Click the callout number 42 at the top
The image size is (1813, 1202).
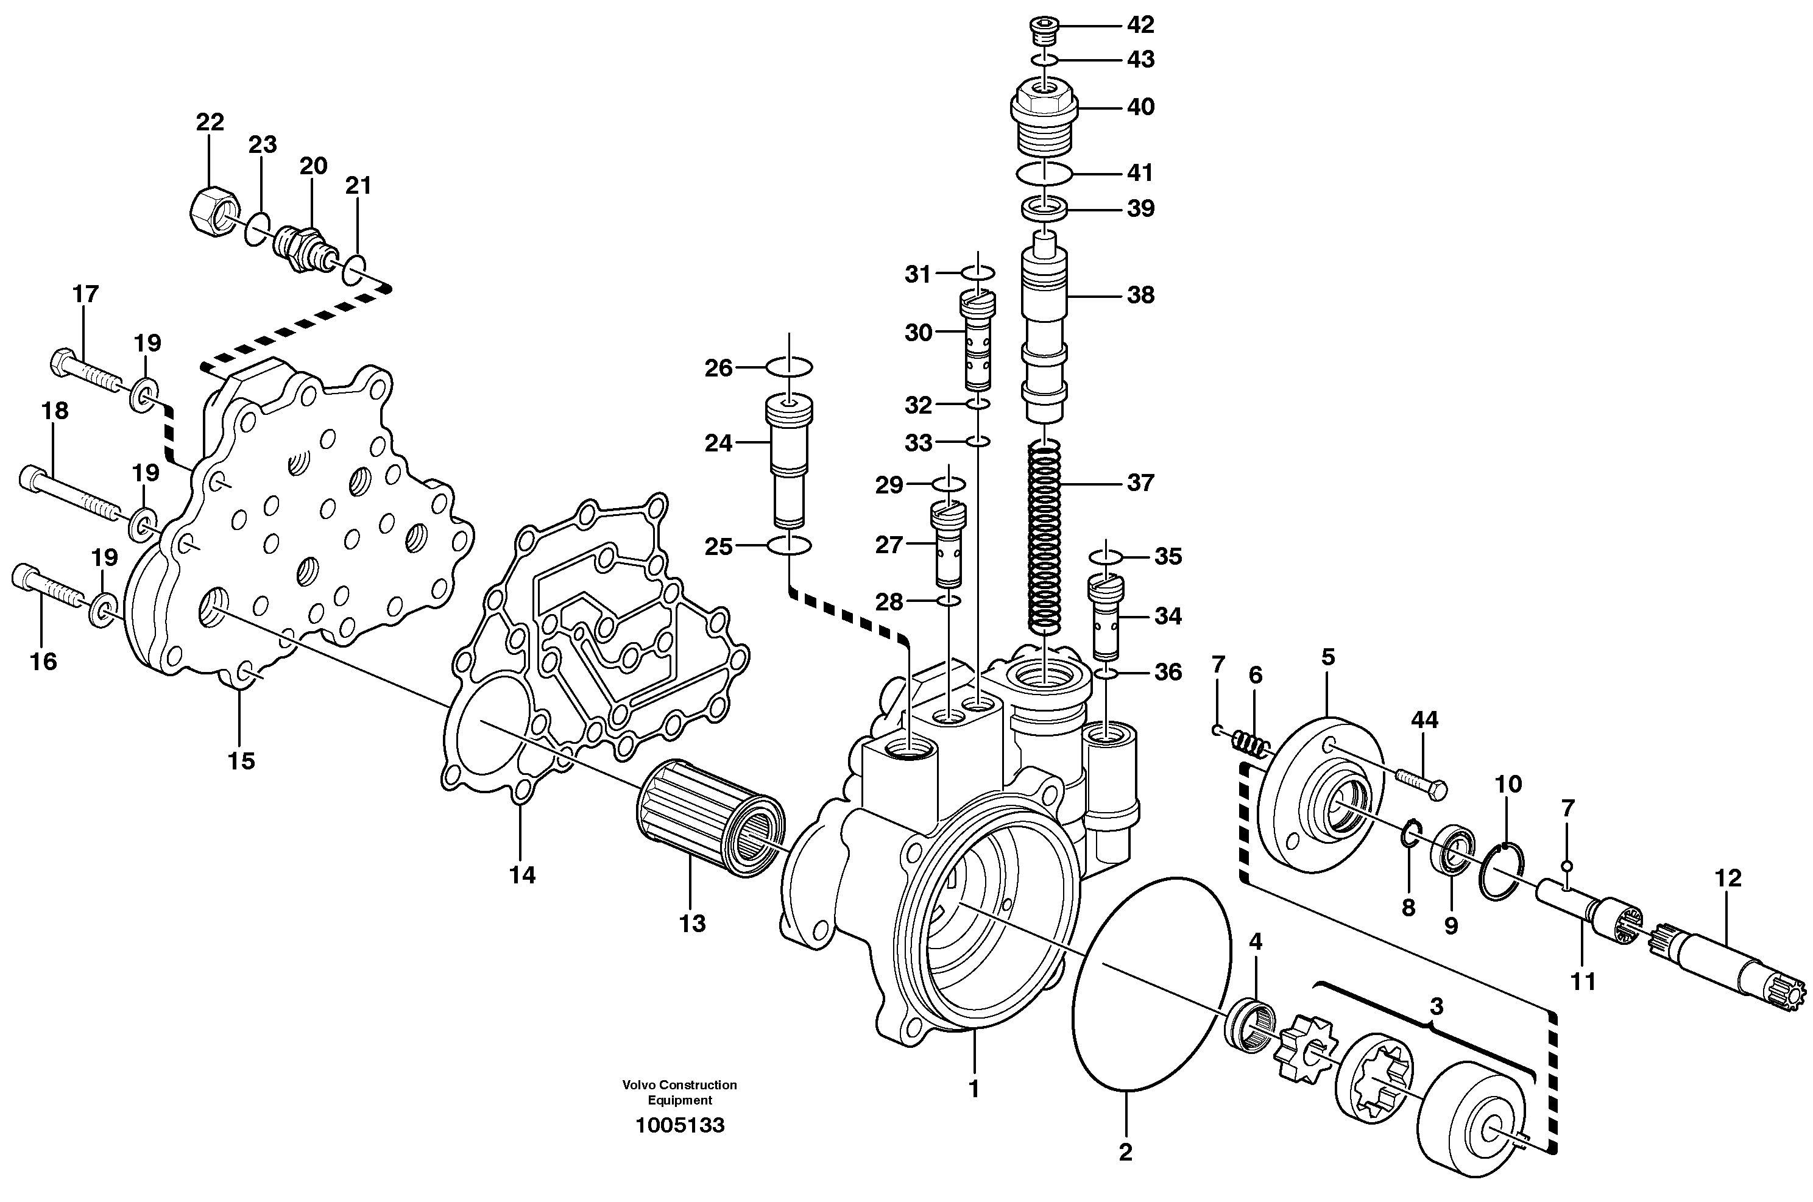(x=1140, y=26)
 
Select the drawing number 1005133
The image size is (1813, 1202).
(x=679, y=1125)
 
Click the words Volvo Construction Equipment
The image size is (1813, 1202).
(x=679, y=1092)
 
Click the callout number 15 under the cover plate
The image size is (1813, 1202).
(x=241, y=761)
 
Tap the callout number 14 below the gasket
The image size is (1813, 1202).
(x=522, y=875)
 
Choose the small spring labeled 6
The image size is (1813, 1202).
(x=1251, y=744)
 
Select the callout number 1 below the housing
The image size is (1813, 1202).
(x=974, y=1089)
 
